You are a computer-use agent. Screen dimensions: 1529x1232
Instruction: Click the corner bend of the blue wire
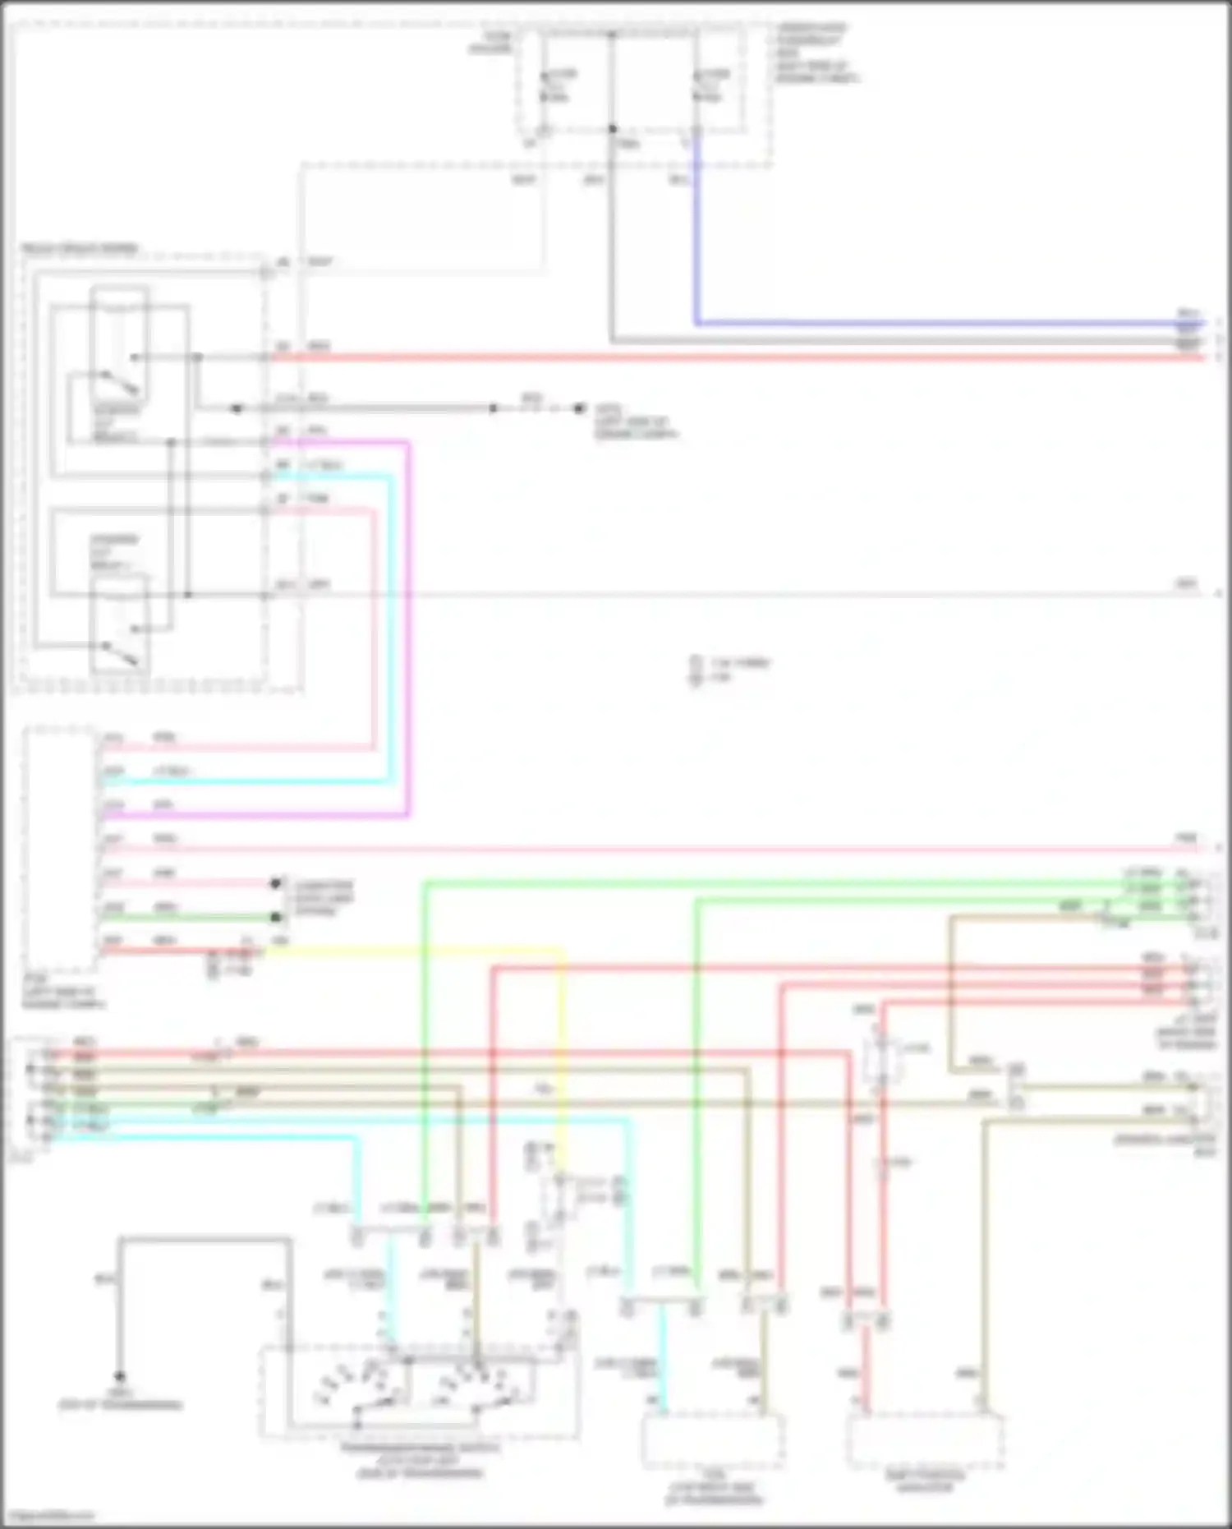[697, 323]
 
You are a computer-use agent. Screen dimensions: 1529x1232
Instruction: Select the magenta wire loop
[408, 624]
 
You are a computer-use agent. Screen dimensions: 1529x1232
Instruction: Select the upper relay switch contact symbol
[119, 382]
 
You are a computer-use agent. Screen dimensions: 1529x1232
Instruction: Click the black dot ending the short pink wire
[277, 884]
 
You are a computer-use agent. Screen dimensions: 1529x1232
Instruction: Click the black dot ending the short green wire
[277, 917]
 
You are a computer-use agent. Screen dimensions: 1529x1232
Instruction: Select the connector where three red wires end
[1201, 982]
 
